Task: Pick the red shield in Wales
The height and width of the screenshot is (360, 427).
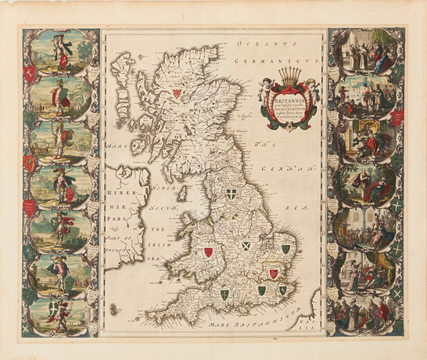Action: click(x=208, y=253)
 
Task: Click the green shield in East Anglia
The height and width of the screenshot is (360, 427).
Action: click(x=285, y=249)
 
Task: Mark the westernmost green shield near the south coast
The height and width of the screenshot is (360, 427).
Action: click(x=224, y=293)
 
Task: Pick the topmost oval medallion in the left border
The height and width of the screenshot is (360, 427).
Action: click(x=60, y=50)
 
